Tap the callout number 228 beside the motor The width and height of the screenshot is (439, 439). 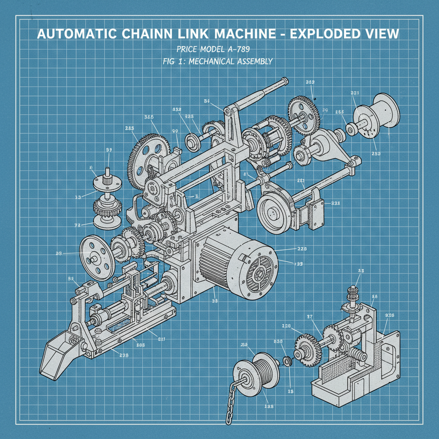click(302, 249)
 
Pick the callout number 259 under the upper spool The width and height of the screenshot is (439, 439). click(376, 153)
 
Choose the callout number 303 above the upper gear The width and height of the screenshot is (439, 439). click(310, 82)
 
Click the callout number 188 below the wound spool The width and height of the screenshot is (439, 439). click(269, 406)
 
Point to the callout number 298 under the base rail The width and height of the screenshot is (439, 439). click(124, 355)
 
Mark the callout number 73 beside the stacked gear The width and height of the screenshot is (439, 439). click(78, 225)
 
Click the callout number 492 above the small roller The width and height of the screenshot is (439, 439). click(176, 110)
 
